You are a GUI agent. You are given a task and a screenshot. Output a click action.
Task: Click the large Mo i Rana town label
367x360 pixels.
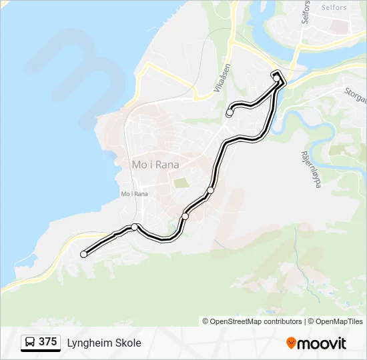point(155,164)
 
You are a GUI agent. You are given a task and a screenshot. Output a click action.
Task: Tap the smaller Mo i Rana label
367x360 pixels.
point(134,194)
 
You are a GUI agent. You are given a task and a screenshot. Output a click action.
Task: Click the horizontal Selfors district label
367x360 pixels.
point(334,8)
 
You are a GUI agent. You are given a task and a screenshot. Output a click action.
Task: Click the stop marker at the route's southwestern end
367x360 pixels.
point(83,254)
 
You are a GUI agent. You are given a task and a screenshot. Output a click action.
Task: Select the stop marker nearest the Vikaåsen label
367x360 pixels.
point(230,113)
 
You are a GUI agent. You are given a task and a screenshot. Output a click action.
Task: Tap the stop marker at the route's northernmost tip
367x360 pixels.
point(277,78)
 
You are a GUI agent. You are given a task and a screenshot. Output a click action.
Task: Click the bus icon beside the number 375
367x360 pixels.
point(30,343)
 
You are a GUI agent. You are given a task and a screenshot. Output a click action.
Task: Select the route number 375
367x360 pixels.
point(47,342)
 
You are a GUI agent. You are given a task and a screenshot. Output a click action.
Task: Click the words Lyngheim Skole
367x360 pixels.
point(104,343)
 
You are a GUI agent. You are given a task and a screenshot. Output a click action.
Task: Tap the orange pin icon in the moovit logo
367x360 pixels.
point(291,343)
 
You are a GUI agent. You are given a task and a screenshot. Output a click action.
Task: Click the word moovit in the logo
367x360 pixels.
point(322,343)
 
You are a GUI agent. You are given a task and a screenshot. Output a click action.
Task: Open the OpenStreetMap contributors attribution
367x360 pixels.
point(252,321)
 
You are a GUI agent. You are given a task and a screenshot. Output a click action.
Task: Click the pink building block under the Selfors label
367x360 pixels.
point(340,27)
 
